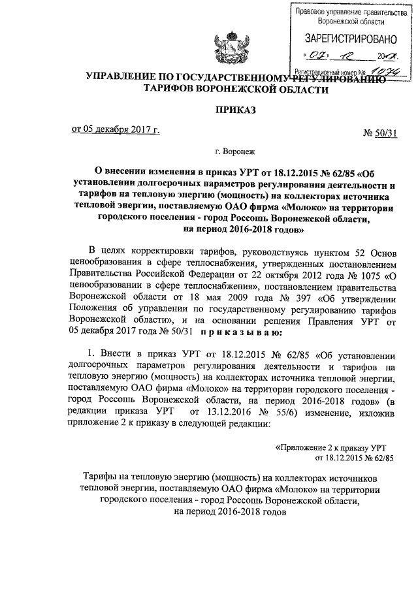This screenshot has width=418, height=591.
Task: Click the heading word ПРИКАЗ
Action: click(234, 109)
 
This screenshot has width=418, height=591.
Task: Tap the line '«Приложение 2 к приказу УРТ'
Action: click(332, 447)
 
